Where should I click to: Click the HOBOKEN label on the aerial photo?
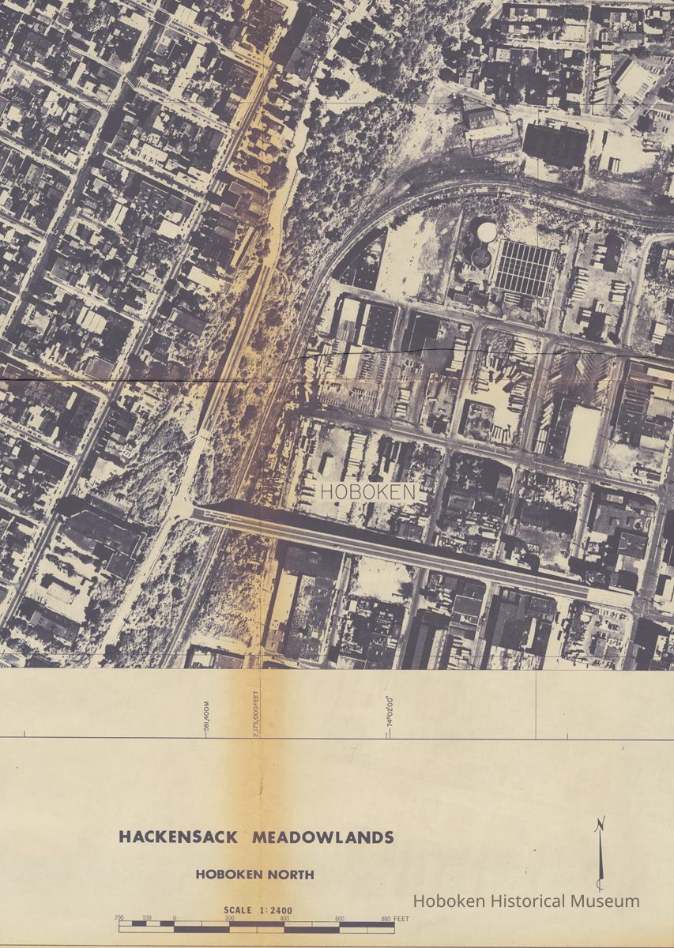[x=367, y=491]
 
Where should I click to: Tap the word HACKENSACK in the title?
[x=179, y=837]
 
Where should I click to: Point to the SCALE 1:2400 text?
[x=258, y=910]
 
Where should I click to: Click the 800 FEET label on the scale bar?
[x=393, y=920]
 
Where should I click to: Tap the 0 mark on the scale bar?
[x=174, y=920]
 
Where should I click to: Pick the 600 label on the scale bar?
[x=339, y=920]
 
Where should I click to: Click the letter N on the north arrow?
[x=601, y=825]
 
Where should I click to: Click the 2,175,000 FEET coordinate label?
[x=257, y=713]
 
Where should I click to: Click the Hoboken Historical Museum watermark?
[x=526, y=901]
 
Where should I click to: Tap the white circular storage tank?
[x=487, y=231]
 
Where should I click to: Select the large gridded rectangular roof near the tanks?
[x=524, y=269]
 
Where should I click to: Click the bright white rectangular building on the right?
[x=583, y=435]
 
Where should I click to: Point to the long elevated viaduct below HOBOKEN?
[x=395, y=549]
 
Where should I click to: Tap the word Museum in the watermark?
[x=606, y=901]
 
